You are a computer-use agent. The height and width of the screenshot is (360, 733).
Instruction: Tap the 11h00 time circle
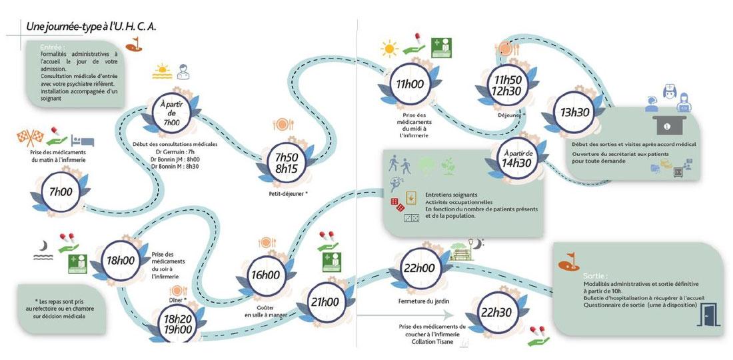point(410,85)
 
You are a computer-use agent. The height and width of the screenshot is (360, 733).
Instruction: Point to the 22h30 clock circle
point(496,312)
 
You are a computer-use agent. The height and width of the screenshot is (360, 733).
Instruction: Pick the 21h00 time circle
point(325,301)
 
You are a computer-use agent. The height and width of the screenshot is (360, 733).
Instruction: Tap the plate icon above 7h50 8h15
point(283,124)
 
